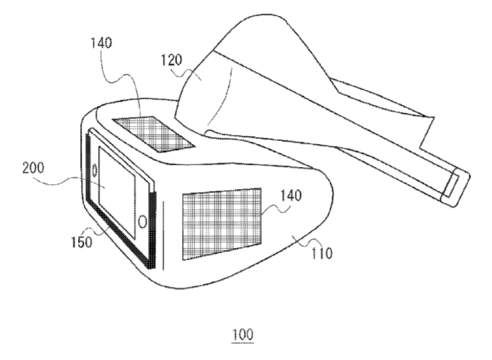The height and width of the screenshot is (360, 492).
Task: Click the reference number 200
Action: click(x=33, y=168)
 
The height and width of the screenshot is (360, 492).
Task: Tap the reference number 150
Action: click(x=82, y=242)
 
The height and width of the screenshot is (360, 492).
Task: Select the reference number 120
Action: click(x=172, y=60)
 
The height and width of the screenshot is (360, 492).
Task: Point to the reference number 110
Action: click(x=321, y=253)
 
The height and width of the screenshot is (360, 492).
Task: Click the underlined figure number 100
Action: click(x=243, y=334)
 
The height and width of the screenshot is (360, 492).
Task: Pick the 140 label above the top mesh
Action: click(x=101, y=43)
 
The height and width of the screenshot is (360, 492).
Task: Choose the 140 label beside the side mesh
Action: click(x=291, y=195)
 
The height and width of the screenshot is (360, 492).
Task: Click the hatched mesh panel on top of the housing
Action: click(x=154, y=134)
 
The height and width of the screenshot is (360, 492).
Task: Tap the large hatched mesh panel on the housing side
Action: click(x=222, y=224)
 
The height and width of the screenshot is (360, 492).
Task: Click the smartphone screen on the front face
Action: click(x=117, y=192)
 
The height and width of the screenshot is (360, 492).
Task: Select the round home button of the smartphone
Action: click(x=143, y=222)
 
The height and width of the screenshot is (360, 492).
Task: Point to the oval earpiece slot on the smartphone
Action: click(x=94, y=171)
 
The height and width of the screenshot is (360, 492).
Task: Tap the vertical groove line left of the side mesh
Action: click(x=163, y=235)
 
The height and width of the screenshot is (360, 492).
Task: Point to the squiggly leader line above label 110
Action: click(x=310, y=242)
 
